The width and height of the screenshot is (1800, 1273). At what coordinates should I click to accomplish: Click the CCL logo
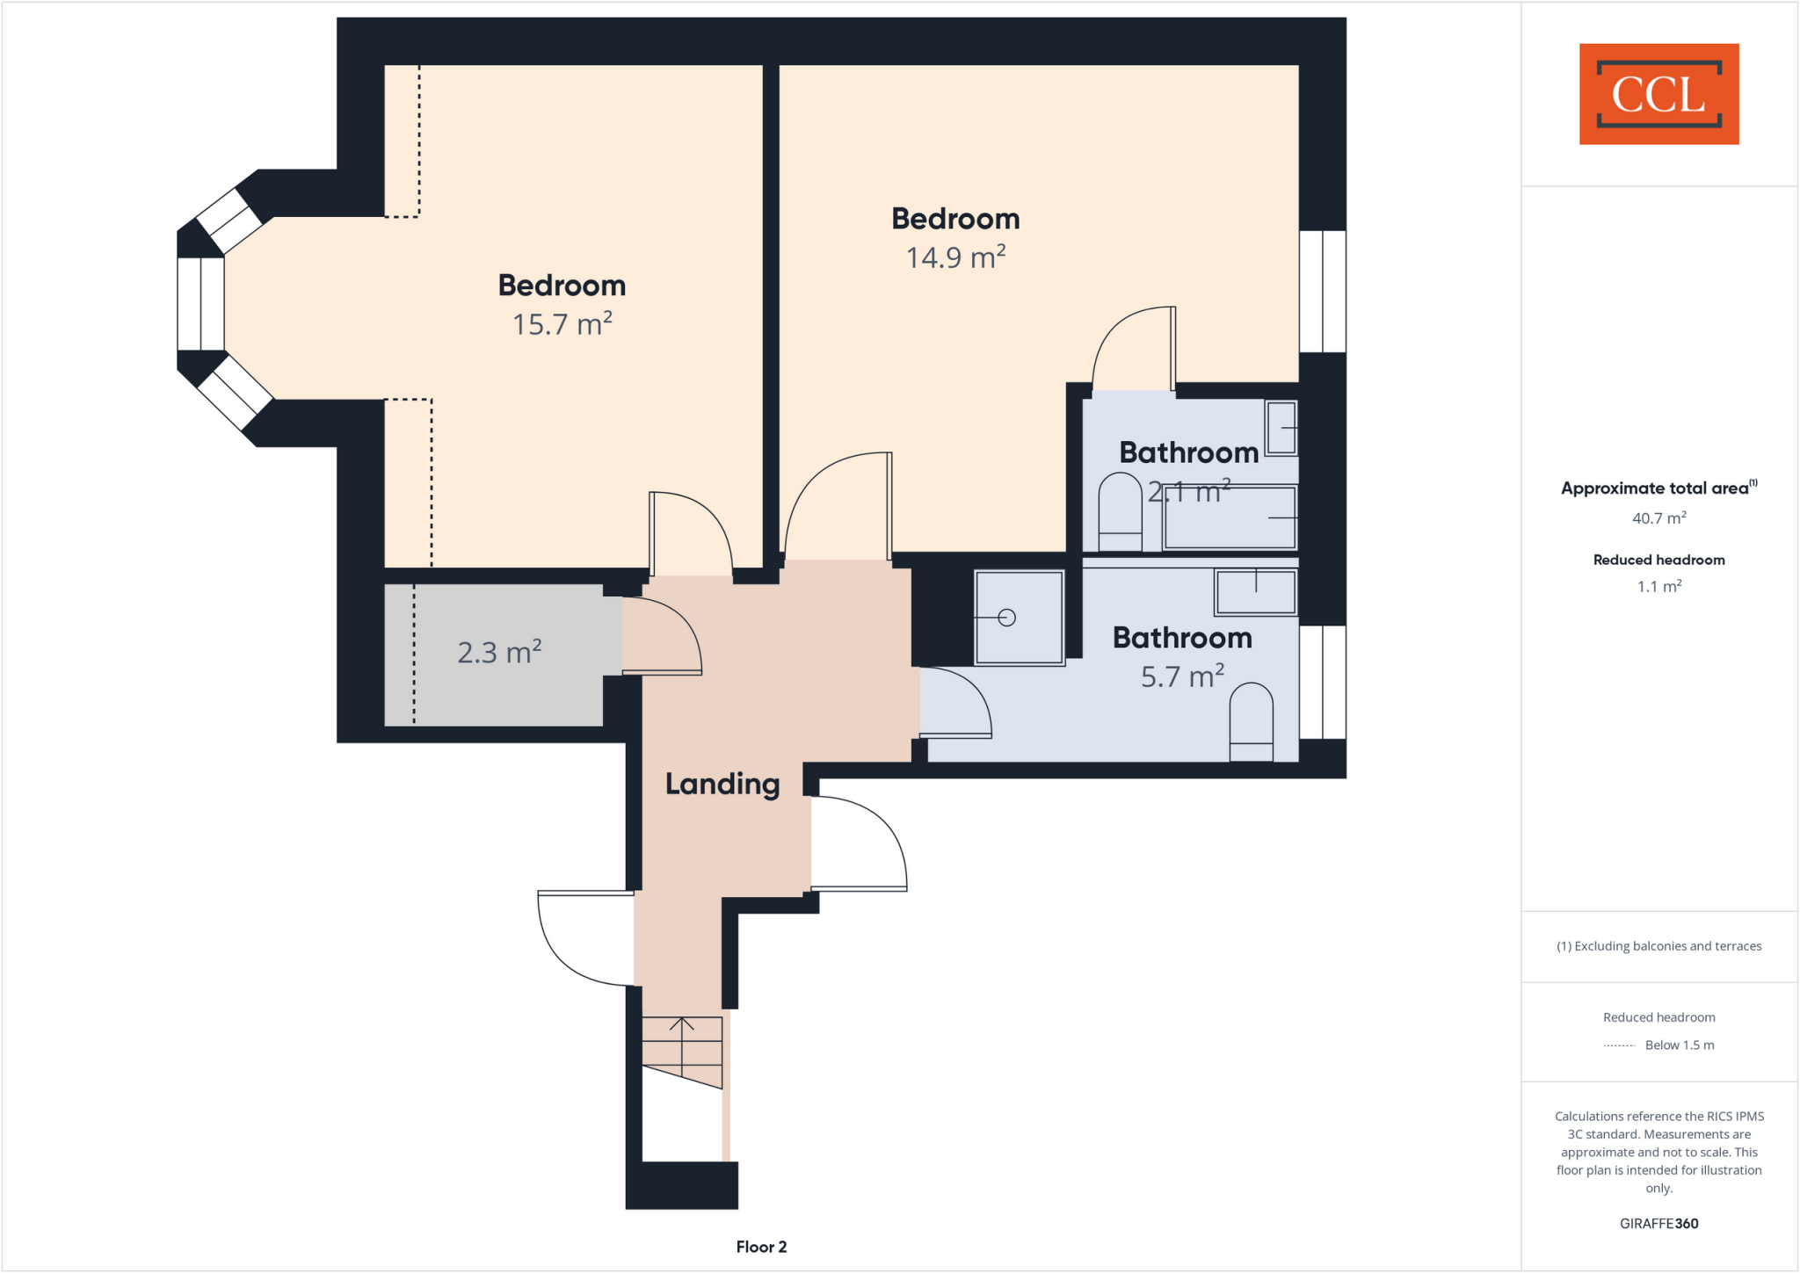pos(1658,94)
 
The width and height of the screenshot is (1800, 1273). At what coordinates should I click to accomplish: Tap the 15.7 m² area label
pos(562,324)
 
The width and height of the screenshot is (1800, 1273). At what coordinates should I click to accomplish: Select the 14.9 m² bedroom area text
pos(955,257)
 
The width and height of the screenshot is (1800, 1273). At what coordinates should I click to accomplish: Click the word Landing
pos(722,784)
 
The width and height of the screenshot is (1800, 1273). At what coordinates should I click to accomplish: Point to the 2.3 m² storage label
pos(499,653)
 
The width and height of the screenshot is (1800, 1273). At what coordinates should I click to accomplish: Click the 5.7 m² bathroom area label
pos(1182,676)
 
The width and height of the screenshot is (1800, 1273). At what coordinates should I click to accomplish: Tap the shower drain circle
pos(1007,618)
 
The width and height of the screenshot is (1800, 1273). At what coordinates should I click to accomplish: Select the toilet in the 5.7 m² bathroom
pos(1251,720)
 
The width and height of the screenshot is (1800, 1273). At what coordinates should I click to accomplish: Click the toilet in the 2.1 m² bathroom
pos(1120,511)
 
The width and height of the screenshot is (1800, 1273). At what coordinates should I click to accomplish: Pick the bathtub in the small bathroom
pos(1230,517)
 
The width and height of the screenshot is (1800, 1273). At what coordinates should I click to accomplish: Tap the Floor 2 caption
pos(761,1247)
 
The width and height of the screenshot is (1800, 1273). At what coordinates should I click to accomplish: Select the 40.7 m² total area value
pos(1658,518)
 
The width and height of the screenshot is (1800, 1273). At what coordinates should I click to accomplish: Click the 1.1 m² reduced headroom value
pos(1658,586)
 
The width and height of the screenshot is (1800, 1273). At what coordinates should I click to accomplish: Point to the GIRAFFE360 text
pos(1658,1223)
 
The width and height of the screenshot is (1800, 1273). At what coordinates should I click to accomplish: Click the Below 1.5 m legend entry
pos(1679,1045)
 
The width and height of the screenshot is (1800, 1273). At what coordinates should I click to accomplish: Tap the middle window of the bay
pos(200,304)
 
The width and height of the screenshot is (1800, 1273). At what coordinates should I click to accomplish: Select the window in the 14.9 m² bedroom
pos(1322,291)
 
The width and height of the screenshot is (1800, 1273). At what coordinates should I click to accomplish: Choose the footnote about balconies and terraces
pos(1658,946)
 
